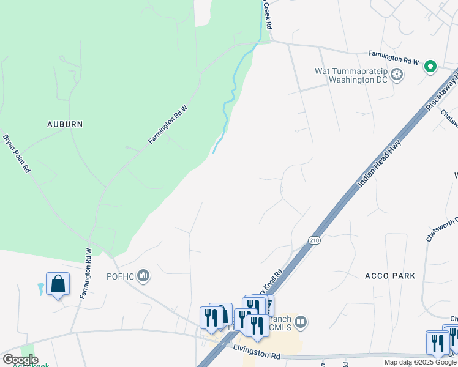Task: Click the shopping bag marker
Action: click(58, 284)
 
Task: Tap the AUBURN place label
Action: click(65, 124)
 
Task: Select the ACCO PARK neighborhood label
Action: click(389, 276)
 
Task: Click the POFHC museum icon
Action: click(144, 276)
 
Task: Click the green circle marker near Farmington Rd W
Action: click(430, 67)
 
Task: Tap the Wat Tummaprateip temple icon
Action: click(398, 75)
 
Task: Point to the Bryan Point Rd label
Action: click(17, 154)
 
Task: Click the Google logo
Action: click(20, 360)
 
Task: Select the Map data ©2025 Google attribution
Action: click(420, 362)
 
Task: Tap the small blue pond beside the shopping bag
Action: click(40, 288)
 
